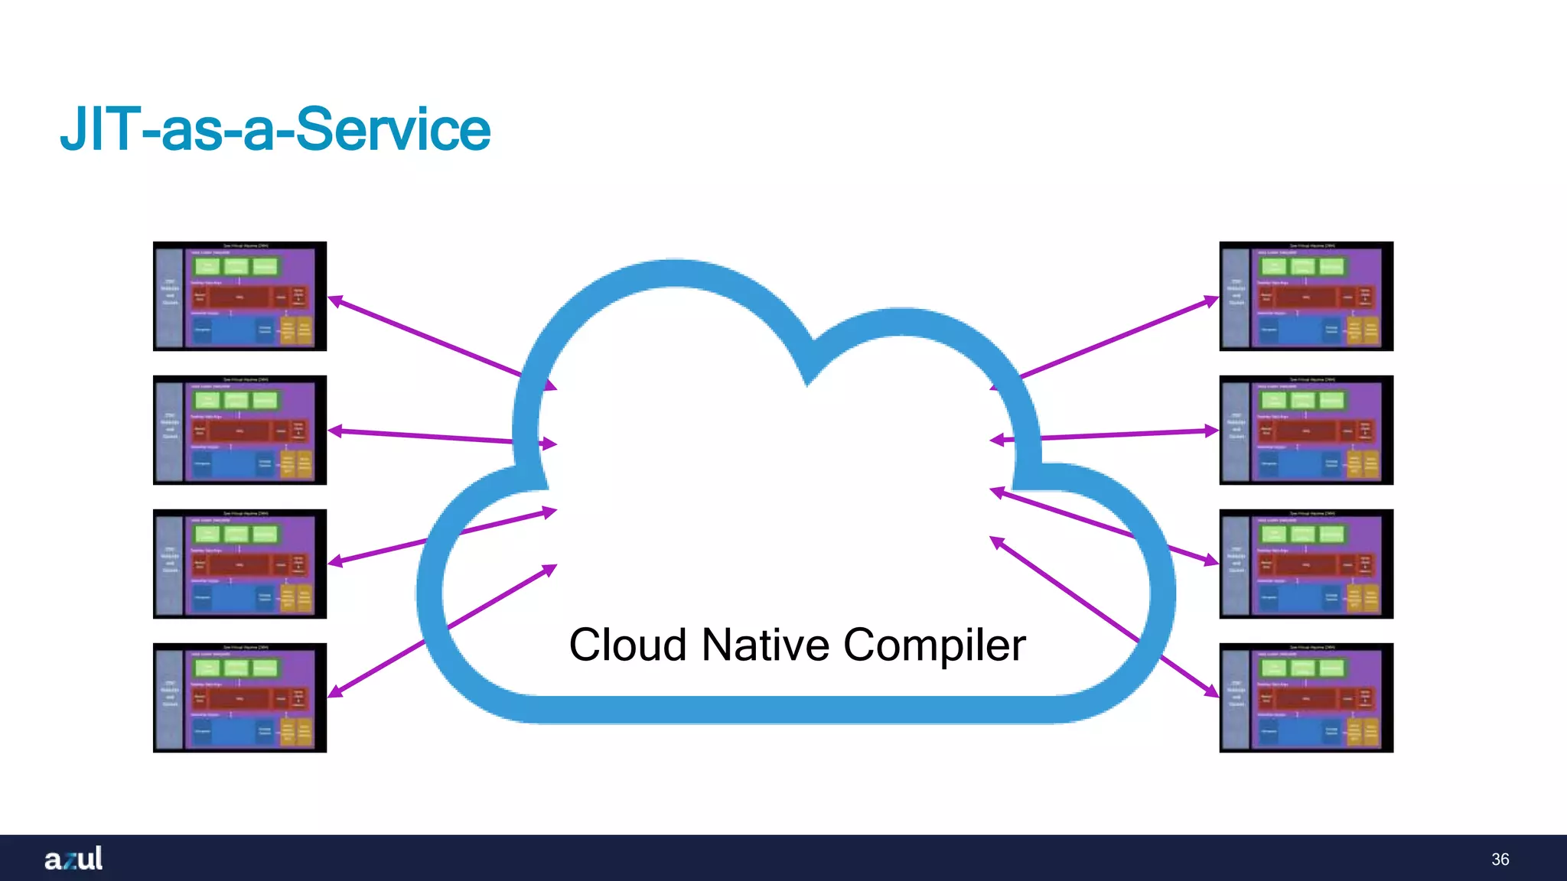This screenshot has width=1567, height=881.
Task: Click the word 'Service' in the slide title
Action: (392, 129)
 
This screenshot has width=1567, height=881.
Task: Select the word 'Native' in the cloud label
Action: (765, 645)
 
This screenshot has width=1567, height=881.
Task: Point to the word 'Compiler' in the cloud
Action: (934, 646)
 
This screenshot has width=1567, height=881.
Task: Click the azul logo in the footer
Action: (73, 859)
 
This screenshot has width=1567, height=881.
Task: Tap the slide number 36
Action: (1500, 860)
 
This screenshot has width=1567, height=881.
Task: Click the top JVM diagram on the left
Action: (239, 297)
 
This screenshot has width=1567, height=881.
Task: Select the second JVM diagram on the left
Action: (239, 430)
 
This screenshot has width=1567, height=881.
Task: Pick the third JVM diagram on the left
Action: (239, 564)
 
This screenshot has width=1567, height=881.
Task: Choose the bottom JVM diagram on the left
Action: (239, 697)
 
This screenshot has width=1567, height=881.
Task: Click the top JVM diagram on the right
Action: (1306, 297)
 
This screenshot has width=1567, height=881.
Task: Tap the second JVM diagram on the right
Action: (1306, 430)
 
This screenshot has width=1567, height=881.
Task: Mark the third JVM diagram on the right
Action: (1306, 564)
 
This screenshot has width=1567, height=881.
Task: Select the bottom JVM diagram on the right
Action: (1306, 697)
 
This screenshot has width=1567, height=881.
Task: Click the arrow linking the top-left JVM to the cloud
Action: (428, 338)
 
